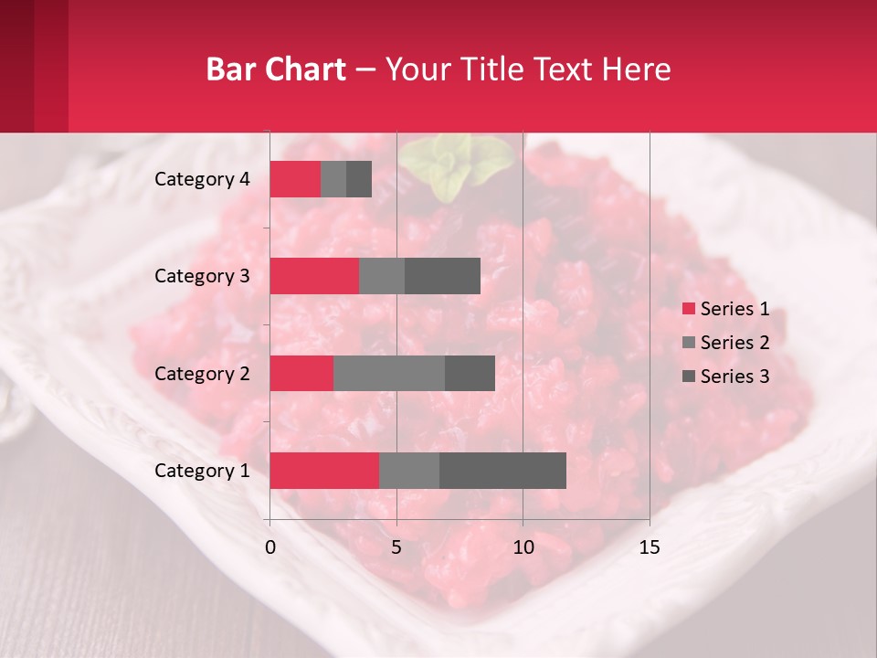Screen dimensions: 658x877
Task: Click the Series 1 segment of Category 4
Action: click(295, 179)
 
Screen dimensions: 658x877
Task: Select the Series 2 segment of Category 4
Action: click(333, 179)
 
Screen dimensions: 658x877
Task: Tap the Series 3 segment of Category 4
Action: click(359, 179)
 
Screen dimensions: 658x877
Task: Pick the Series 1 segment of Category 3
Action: click(314, 276)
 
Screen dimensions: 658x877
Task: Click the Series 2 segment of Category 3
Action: click(382, 276)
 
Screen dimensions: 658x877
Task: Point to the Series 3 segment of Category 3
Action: click(442, 276)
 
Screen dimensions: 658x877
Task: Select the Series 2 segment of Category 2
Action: click(389, 373)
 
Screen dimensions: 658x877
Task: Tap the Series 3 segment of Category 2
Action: click(470, 373)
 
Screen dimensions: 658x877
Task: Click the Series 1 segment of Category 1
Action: click(324, 471)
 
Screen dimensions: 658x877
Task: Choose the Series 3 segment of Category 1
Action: click(502, 471)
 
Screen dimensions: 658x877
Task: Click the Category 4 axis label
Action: click(202, 179)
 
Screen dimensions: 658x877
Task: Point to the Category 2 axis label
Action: click(202, 373)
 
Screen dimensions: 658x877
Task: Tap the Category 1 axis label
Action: click(202, 471)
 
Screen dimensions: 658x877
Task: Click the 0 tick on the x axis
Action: click(269, 547)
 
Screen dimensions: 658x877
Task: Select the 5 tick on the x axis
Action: click(396, 547)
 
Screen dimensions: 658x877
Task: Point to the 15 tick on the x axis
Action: click(649, 547)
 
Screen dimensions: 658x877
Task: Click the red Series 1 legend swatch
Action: click(688, 309)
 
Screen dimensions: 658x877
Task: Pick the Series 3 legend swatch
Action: click(688, 377)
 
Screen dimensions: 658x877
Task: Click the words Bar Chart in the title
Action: click(276, 69)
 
